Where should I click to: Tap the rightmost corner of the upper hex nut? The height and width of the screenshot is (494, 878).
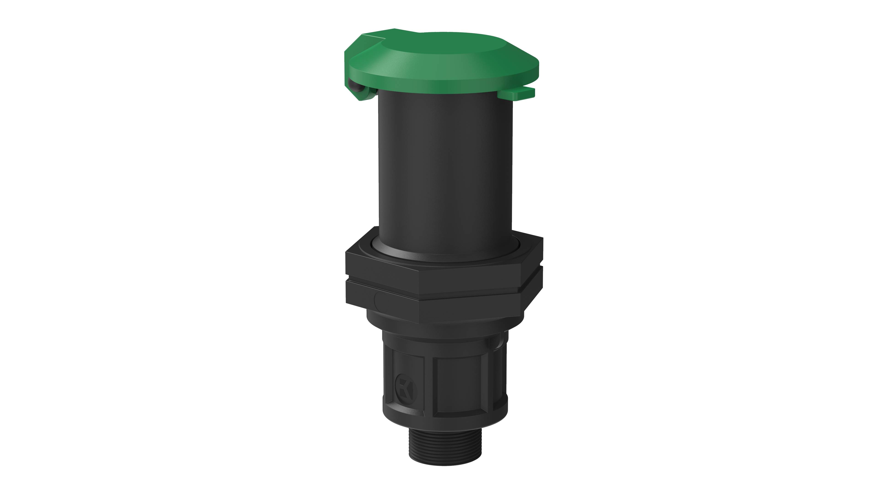click(x=542, y=254)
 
